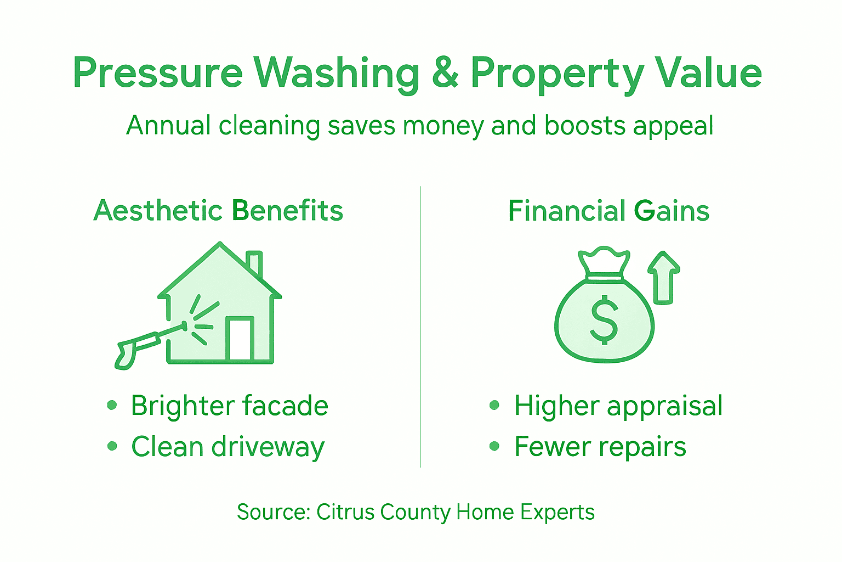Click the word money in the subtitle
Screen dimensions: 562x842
click(443, 126)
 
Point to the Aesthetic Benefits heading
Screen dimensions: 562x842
click(218, 211)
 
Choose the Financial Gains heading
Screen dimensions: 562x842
click(608, 211)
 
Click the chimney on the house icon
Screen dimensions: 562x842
click(254, 263)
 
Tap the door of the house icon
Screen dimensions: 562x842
click(240, 339)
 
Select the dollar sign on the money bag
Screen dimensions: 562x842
click(604, 319)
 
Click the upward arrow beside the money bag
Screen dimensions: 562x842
click(664, 277)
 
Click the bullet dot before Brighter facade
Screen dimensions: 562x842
click(112, 406)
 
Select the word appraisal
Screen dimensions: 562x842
click(665, 407)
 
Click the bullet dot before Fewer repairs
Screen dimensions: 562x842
click(494, 446)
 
